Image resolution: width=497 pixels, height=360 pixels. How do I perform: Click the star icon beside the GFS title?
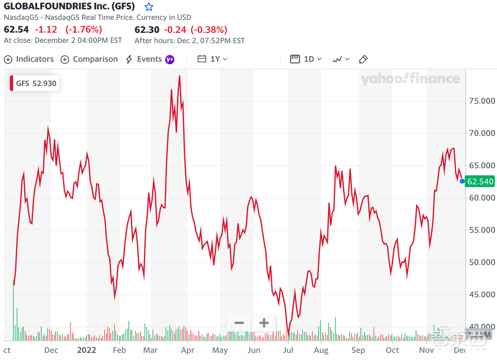point(149,7)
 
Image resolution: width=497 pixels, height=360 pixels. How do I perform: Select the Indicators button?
point(29,59)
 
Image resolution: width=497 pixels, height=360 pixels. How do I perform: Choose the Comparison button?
point(89,59)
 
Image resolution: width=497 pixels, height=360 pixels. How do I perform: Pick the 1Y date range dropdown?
point(213,59)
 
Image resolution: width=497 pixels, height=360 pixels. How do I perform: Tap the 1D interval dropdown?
point(306,59)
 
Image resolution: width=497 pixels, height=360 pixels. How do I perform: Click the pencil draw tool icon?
point(363,59)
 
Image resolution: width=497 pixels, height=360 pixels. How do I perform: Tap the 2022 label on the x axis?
point(86,350)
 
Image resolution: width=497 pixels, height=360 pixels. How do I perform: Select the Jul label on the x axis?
point(288,350)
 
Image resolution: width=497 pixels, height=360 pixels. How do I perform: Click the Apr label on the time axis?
point(187,350)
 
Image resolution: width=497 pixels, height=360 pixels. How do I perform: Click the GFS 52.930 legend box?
point(34,84)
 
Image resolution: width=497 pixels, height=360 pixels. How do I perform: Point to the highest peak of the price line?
point(179,76)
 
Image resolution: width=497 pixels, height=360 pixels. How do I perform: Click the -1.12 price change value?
point(47,29)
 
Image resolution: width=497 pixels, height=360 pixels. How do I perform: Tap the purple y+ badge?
point(170,59)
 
